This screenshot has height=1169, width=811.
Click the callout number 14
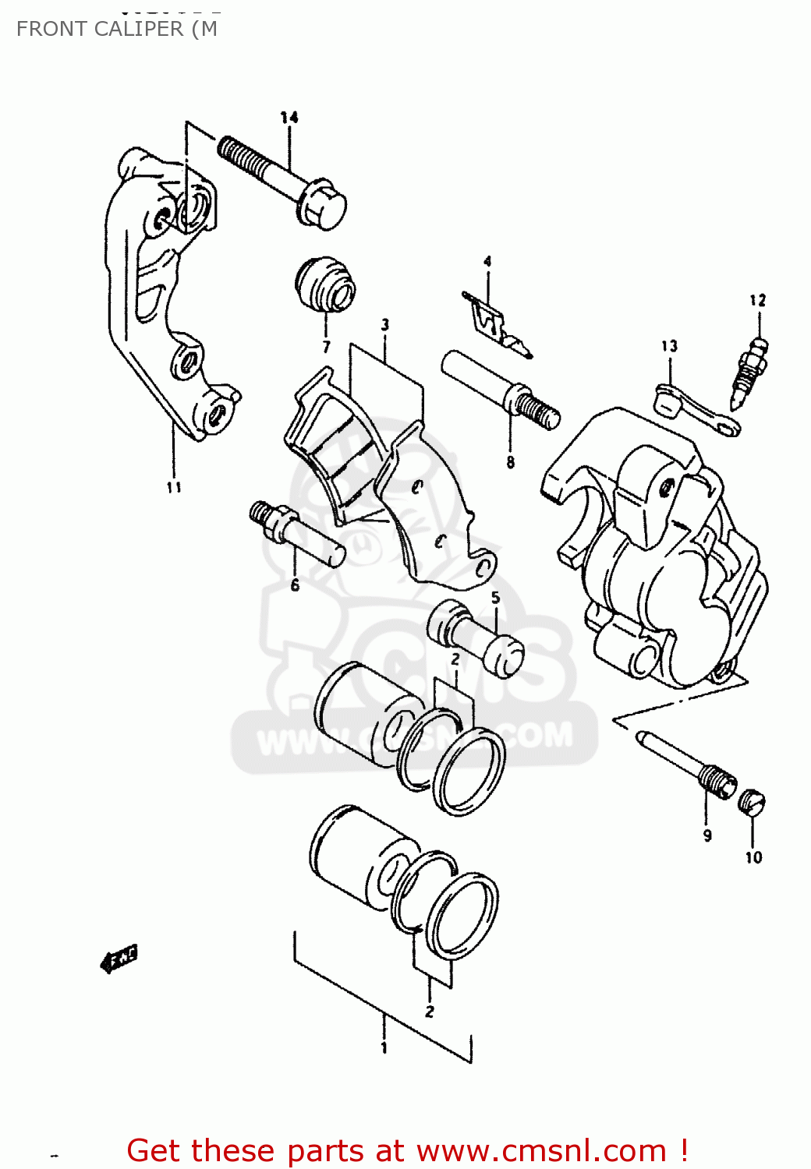point(289,118)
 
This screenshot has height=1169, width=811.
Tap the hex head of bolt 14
point(323,204)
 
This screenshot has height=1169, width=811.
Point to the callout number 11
point(174,487)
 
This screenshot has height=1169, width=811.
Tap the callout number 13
point(670,346)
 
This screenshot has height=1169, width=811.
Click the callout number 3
point(385,324)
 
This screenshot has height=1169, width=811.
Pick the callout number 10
point(753,857)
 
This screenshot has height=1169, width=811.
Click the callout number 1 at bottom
point(384,1048)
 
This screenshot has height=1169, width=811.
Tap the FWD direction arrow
point(119,959)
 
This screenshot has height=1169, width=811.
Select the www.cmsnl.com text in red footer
point(541,1150)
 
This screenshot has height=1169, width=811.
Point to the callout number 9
point(707,835)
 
